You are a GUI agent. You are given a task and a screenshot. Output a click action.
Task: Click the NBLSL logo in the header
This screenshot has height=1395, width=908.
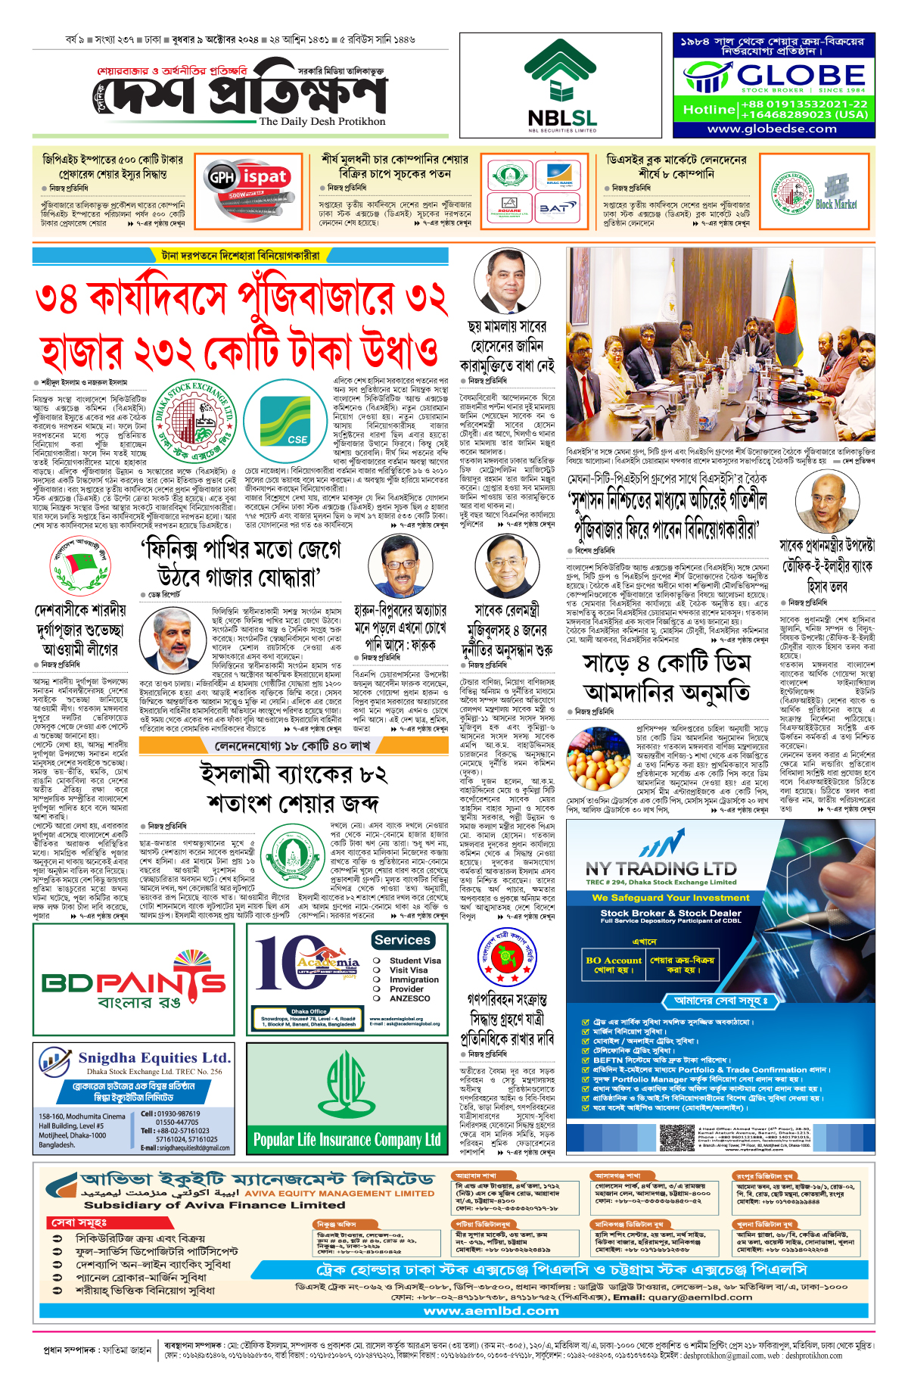(x=561, y=86)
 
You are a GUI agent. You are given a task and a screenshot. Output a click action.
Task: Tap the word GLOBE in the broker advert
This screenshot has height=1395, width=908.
(x=801, y=75)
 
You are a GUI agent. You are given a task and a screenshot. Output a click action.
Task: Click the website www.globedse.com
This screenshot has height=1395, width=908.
(x=772, y=129)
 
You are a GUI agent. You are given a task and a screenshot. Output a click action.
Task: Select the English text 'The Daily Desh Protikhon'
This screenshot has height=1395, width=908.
(x=322, y=121)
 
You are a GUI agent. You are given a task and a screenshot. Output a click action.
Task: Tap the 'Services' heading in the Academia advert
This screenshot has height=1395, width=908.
(x=402, y=940)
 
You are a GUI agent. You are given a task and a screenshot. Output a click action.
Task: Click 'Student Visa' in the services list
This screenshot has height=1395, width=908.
(x=415, y=961)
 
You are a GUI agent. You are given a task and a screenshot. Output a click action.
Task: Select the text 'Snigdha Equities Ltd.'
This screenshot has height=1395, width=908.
(x=154, y=1057)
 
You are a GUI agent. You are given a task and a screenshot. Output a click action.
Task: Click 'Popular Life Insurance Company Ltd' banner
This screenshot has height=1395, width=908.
(x=347, y=1140)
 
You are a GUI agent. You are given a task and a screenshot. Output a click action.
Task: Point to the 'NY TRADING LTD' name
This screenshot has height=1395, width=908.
(x=661, y=868)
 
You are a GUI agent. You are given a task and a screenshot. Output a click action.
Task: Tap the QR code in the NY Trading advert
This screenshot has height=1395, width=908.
(x=677, y=1137)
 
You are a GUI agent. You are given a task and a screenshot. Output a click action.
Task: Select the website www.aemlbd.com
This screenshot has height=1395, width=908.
(x=491, y=1310)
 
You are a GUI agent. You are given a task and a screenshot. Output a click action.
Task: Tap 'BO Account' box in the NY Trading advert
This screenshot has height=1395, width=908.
(x=614, y=964)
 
